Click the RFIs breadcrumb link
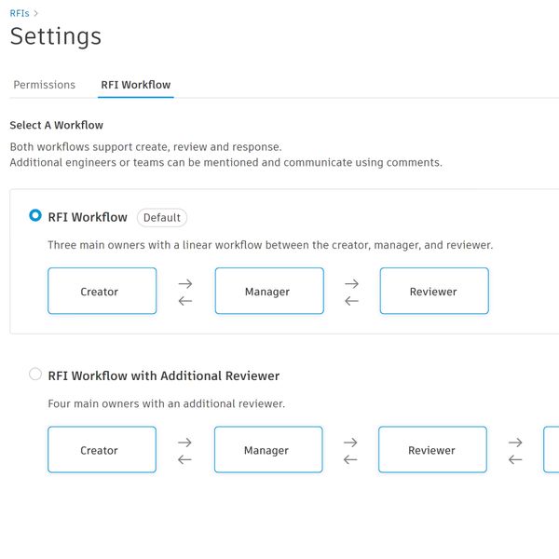(x=20, y=14)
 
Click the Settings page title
(x=56, y=36)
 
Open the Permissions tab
(x=44, y=85)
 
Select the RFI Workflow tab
(x=136, y=85)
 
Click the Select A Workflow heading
(x=56, y=125)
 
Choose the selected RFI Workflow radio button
(x=35, y=215)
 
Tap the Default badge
(x=162, y=217)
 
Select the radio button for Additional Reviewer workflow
(x=35, y=374)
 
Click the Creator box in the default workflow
(x=102, y=291)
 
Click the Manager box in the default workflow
(x=269, y=291)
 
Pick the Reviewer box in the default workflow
(x=434, y=291)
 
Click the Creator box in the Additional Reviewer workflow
(x=102, y=450)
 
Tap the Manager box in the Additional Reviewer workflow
(x=269, y=450)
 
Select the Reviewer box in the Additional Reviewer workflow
(x=433, y=450)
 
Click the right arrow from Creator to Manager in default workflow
(x=185, y=284)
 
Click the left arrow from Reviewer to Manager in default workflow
(x=351, y=301)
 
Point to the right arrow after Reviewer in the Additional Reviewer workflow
(x=515, y=443)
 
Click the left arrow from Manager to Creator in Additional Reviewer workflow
(x=184, y=460)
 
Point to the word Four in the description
(x=60, y=403)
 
